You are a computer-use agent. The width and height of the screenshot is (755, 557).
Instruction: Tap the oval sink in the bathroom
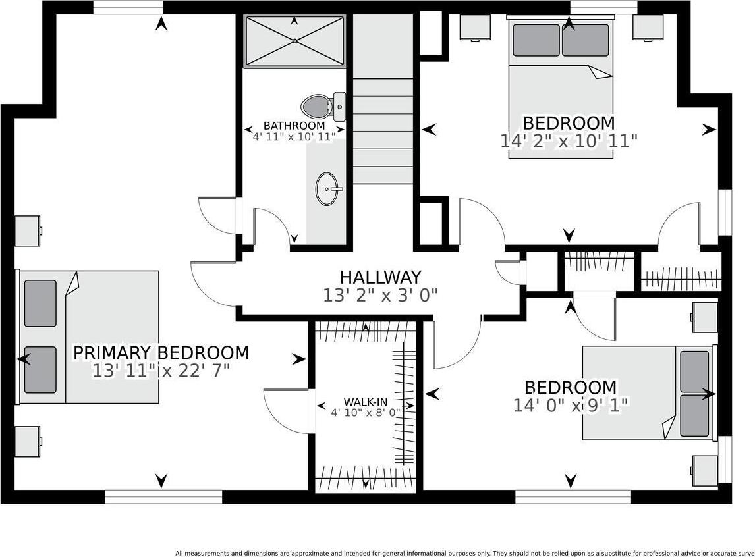[327, 189]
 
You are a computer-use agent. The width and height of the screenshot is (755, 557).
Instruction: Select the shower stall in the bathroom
[294, 41]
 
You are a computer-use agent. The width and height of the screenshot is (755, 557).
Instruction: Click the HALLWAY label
[380, 278]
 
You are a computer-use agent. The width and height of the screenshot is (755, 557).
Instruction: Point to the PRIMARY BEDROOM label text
[161, 353]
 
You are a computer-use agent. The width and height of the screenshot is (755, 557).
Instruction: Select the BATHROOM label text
[294, 126]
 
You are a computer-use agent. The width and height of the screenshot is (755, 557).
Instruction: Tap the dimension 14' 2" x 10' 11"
[569, 141]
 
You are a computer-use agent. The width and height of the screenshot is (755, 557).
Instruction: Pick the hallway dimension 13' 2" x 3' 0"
[380, 295]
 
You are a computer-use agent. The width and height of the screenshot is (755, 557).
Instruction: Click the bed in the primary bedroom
[90, 336]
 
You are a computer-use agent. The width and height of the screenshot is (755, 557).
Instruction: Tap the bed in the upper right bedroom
[561, 88]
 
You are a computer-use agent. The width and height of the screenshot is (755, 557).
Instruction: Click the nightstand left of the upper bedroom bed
[474, 27]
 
